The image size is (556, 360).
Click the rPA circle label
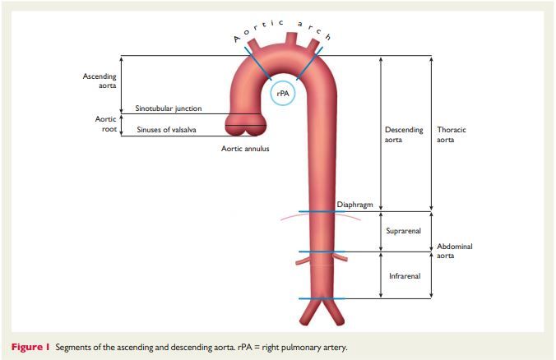(283, 93)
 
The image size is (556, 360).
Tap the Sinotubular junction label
(168, 108)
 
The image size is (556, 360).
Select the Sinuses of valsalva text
(165, 129)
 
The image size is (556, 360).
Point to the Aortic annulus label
(245, 149)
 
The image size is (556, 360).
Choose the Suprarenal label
(403, 230)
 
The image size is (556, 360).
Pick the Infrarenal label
(405, 275)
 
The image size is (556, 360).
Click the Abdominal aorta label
(455, 252)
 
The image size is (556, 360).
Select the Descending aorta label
(404, 135)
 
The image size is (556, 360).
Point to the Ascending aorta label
(100, 81)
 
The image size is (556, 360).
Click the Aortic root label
(105, 124)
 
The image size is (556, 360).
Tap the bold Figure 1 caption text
(31, 345)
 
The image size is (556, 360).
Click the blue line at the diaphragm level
(316, 212)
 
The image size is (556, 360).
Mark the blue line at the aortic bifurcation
(316, 298)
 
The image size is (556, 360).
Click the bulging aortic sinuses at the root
(244, 125)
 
